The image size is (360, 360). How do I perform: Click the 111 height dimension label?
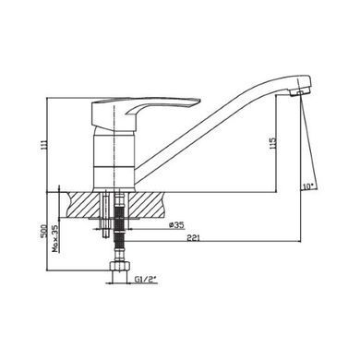(x=44, y=145)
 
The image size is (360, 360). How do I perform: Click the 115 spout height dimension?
(x=273, y=143)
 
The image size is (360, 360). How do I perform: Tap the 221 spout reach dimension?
(x=195, y=238)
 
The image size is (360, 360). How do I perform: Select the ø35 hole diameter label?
(x=176, y=225)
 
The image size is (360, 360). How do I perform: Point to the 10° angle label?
(x=308, y=186)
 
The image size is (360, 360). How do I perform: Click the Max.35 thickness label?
(x=55, y=239)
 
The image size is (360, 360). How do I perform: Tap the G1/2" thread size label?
(x=146, y=280)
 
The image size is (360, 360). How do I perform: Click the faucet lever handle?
(x=145, y=113)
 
